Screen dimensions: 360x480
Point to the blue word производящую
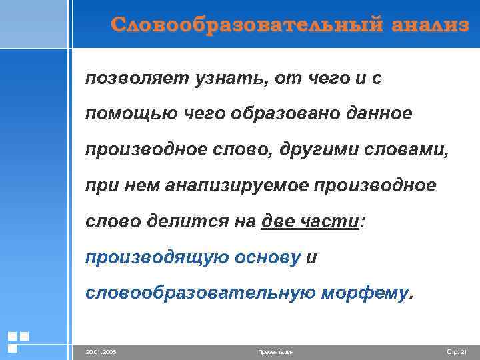[x=156, y=258]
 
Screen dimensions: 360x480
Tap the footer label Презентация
[x=275, y=351]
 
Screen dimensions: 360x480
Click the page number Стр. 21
[x=456, y=351]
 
